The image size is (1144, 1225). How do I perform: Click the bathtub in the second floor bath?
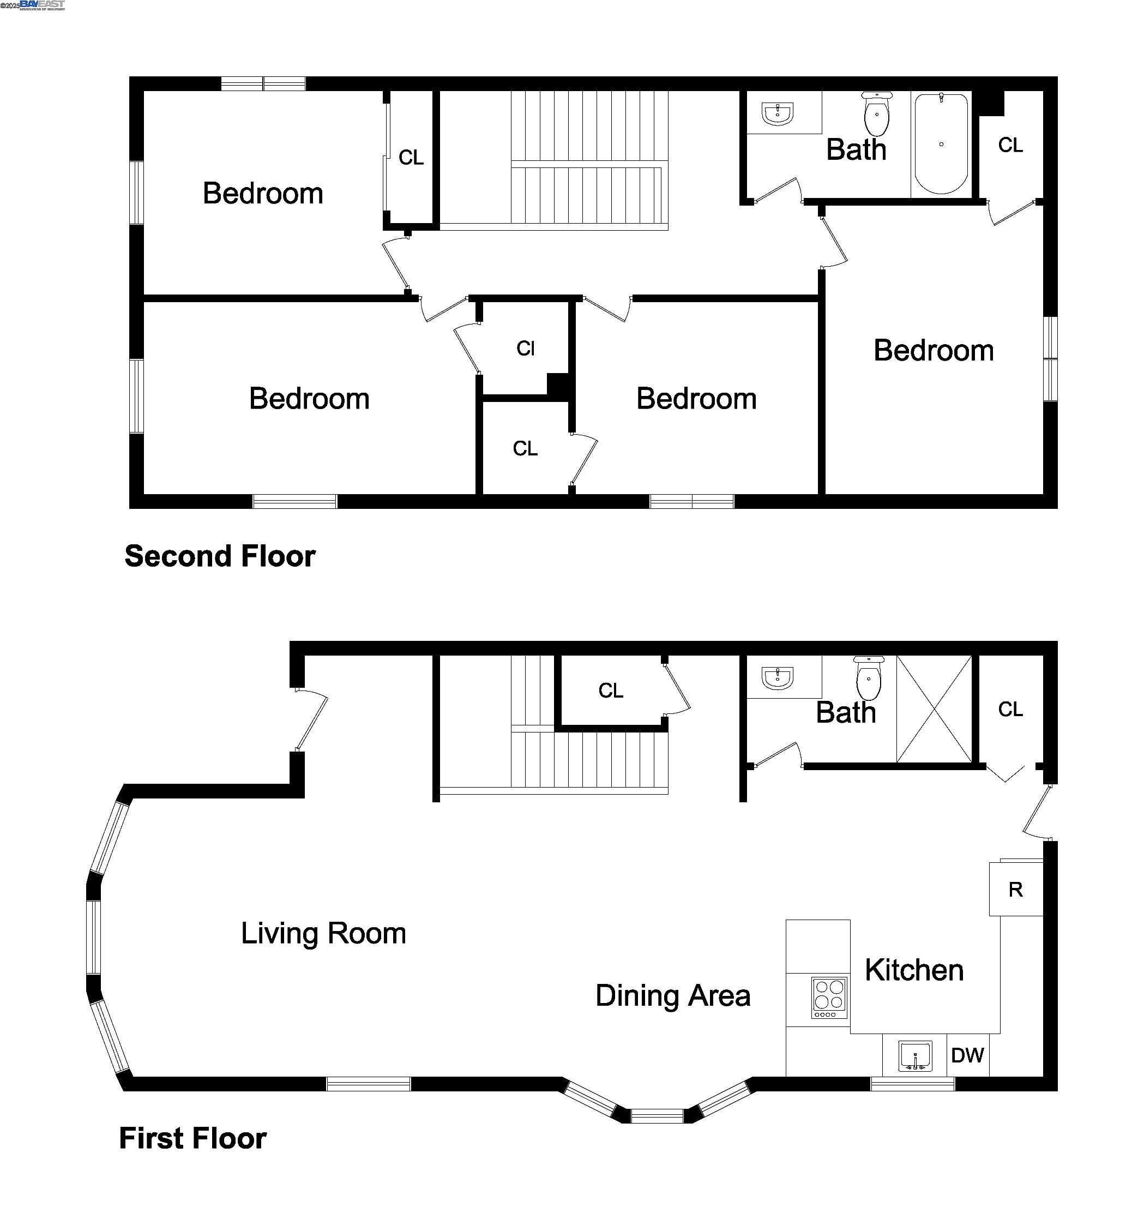pyautogui.click(x=940, y=144)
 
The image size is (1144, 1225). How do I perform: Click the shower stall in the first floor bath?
pyautogui.click(x=934, y=709)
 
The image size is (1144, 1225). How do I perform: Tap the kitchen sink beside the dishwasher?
pyautogui.click(x=914, y=1056)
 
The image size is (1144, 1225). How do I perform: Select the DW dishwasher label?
pyautogui.click(x=967, y=1055)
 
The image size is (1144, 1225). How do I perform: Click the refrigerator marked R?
pyautogui.click(x=1015, y=889)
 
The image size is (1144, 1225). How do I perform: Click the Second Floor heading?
pyautogui.click(x=220, y=556)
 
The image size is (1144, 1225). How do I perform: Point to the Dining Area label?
pyautogui.click(x=673, y=996)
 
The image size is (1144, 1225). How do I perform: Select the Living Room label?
pyautogui.click(x=323, y=933)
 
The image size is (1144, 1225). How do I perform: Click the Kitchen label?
pyautogui.click(x=913, y=970)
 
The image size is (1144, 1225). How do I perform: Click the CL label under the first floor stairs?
pyautogui.click(x=611, y=690)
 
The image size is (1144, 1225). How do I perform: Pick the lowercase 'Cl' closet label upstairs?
pyautogui.click(x=526, y=349)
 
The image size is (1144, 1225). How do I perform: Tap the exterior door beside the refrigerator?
pyautogui.click(x=1038, y=812)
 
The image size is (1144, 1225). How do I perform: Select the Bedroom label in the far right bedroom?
pyautogui.click(x=934, y=351)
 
